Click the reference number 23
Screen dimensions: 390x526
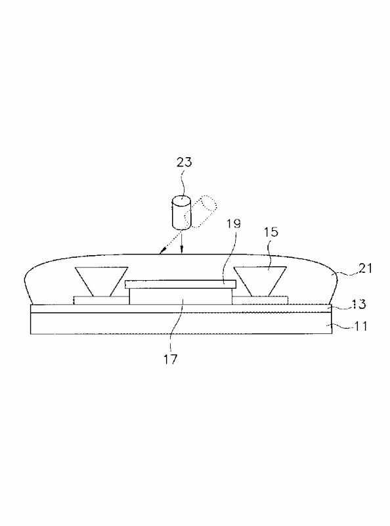184,162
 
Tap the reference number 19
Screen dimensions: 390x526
233,223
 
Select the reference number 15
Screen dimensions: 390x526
271,231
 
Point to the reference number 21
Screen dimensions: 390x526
365,268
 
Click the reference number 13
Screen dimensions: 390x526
359,304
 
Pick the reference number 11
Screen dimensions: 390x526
360,326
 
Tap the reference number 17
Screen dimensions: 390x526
170,359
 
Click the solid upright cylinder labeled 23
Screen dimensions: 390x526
181,212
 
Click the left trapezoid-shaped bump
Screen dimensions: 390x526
101,281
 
